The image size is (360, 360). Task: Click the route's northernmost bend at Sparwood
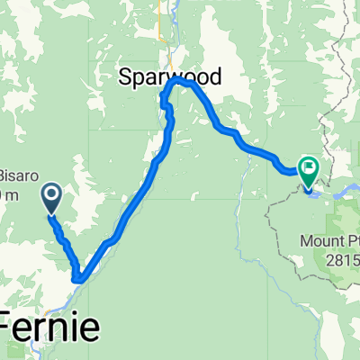179,80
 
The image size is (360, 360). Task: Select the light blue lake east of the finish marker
346,192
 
